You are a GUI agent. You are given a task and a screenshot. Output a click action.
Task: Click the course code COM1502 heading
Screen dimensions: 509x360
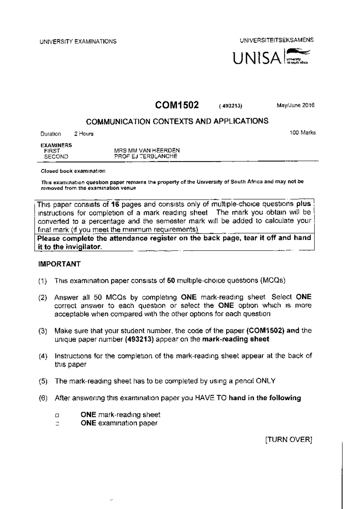177,105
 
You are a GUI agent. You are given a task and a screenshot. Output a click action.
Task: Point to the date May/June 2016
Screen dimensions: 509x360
295,106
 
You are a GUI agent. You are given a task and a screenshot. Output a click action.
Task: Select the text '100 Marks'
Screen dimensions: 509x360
302,133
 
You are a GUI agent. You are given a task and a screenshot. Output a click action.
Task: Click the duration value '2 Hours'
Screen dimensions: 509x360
84,134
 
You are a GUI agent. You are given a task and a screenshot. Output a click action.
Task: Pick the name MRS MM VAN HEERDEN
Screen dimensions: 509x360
147,150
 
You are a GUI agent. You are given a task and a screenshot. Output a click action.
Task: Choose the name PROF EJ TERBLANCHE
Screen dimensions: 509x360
145,156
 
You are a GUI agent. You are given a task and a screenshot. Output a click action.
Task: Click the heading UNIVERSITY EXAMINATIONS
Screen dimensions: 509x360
78,42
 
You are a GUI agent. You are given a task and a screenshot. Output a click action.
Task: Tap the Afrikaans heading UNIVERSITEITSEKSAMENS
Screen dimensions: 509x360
276,40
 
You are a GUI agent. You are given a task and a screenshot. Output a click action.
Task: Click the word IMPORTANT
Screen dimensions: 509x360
59,264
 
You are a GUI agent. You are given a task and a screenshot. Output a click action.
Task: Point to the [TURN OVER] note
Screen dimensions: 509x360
289,440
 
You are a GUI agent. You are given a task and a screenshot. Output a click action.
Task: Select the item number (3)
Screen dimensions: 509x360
43,331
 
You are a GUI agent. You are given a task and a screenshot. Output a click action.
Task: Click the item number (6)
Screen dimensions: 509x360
43,398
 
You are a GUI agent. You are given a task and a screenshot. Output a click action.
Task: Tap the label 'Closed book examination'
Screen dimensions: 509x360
73,171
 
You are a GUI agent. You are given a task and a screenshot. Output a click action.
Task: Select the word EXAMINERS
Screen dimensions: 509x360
56,145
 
